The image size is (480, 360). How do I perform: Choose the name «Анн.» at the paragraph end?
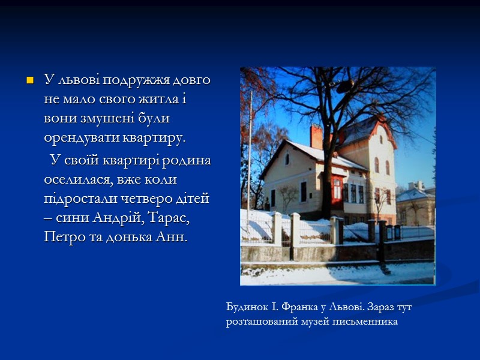(172, 236)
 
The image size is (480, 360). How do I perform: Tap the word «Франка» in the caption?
(295, 308)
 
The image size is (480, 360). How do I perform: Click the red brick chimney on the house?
(316, 137)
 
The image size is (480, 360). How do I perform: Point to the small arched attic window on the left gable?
(287, 159)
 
